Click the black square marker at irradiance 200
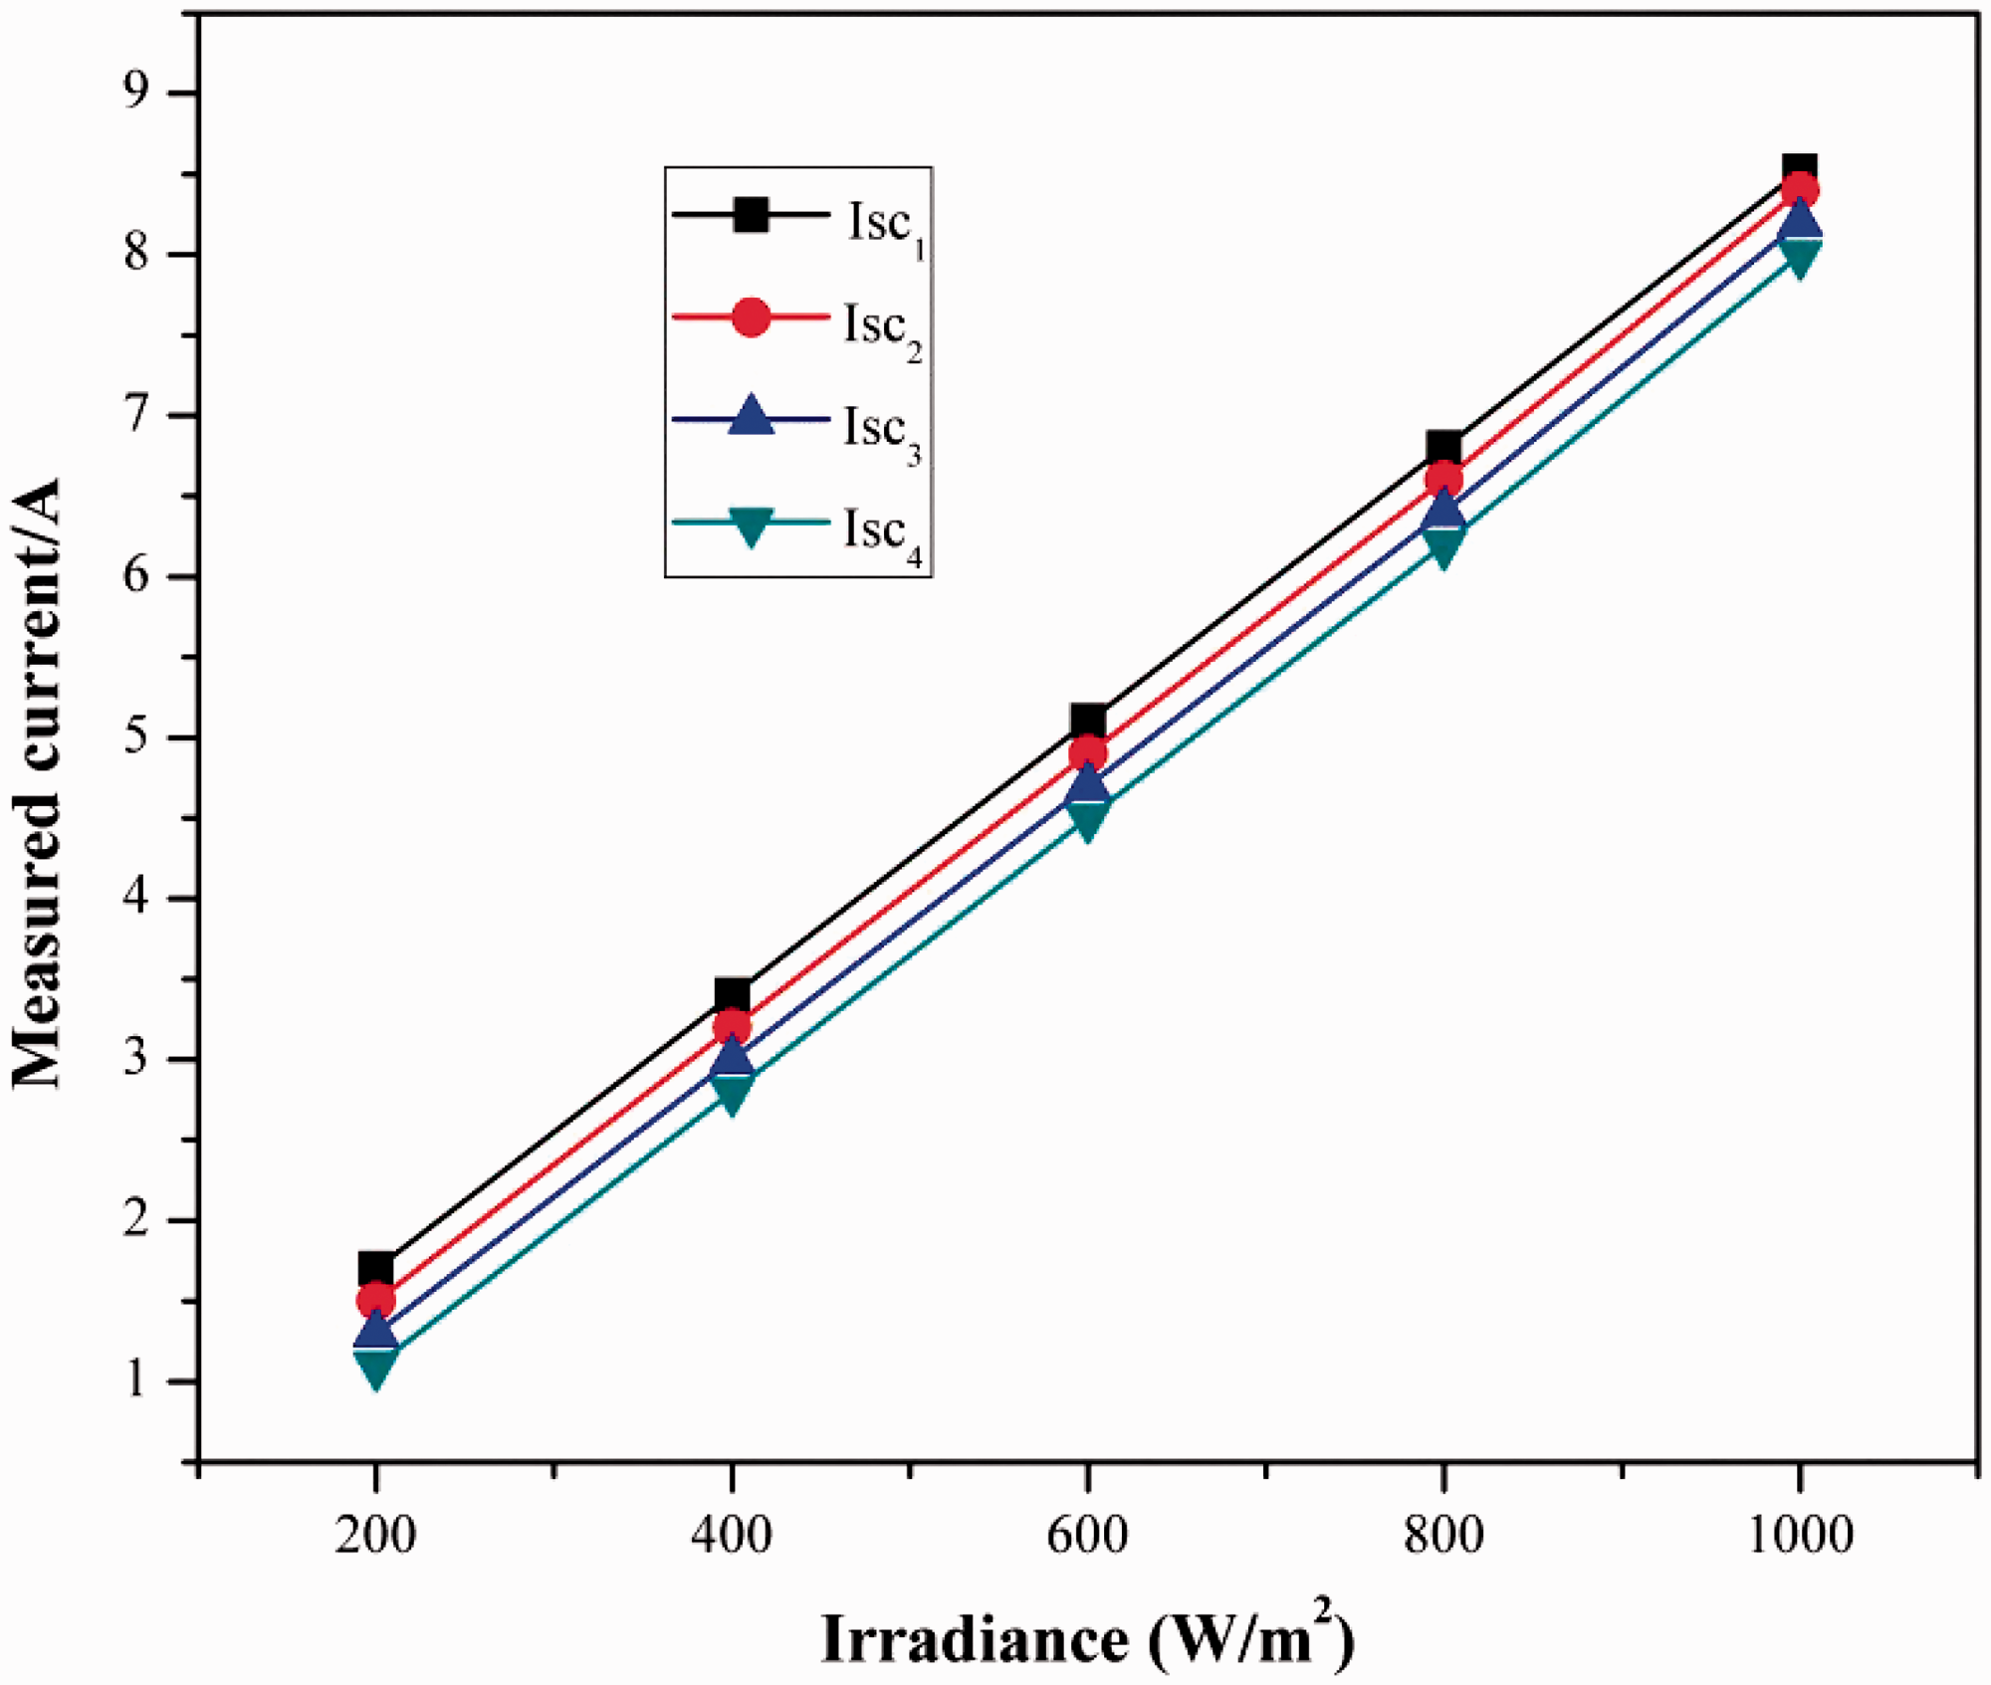[375, 1269]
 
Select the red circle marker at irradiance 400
[732, 1026]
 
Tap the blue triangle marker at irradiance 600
[1088, 782]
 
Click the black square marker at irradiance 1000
[1799, 169]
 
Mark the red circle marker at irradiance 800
[1443, 481]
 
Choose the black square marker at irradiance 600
[1088, 720]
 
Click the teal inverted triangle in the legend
[751, 527]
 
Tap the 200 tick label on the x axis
[375, 1535]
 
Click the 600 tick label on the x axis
[1088, 1535]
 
